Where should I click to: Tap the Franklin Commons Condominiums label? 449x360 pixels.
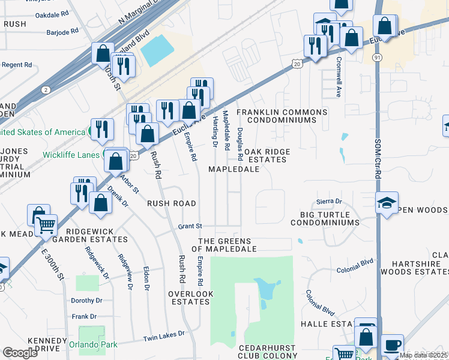pyautogui.click(x=282, y=116)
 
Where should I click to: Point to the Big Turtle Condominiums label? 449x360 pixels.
pyautogui.click(x=325, y=217)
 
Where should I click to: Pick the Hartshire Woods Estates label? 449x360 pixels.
pyautogui.click(x=420, y=268)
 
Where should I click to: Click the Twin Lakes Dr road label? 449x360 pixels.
pyautogui.click(x=163, y=338)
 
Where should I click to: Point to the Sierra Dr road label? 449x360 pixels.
pyautogui.click(x=329, y=202)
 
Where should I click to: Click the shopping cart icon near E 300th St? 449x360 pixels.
pyautogui.click(x=46, y=225)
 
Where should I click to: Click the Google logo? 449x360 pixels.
pyautogui.click(x=20, y=353)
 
